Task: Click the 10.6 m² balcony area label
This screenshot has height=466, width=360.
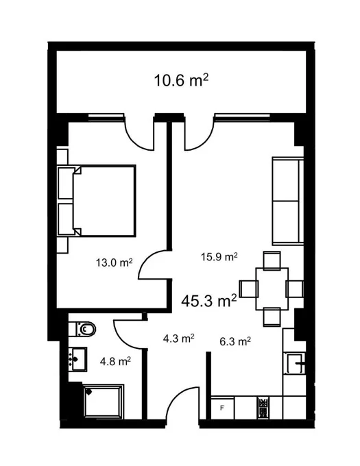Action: point(181,81)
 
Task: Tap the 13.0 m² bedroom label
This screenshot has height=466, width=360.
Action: point(114,262)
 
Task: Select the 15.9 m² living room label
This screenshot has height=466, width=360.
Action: point(219,256)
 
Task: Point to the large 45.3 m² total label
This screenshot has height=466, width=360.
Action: point(209,300)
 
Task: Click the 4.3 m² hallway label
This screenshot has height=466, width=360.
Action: point(179,339)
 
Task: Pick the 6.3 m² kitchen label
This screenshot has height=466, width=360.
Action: point(235,341)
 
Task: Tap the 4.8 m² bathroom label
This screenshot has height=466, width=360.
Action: point(115,361)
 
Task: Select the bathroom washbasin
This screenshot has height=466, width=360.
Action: point(77,359)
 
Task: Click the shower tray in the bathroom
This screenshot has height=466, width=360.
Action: point(104,401)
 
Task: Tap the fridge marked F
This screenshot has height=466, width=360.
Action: point(222,408)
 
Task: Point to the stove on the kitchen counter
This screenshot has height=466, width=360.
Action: point(263,408)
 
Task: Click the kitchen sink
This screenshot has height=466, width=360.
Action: point(296,363)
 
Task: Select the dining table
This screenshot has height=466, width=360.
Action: point(272,289)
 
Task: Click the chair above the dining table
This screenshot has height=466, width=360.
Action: point(272,260)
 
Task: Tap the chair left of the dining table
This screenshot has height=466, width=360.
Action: point(248,289)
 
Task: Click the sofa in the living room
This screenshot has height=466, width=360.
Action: point(288,201)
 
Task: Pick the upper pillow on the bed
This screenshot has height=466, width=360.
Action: point(66,183)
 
